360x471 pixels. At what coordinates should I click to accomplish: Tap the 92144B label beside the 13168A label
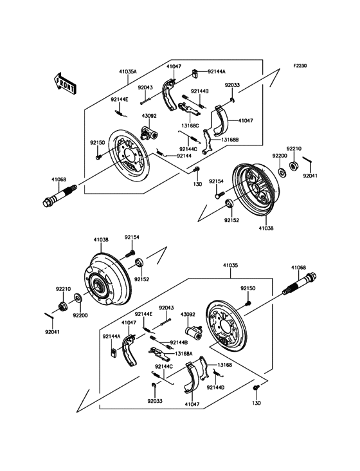[x=178, y=342]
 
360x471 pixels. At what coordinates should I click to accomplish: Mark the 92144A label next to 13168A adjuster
[x=111, y=336]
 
